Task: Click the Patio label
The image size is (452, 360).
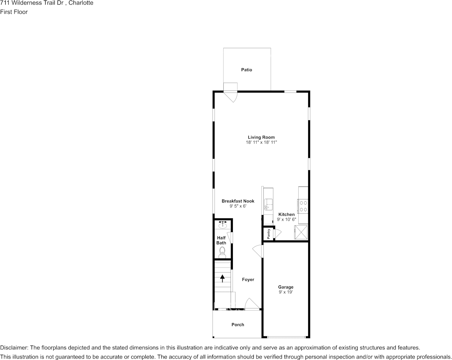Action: click(x=247, y=70)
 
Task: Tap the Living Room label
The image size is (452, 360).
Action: click(x=261, y=137)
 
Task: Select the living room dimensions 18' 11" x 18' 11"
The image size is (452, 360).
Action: click(x=261, y=143)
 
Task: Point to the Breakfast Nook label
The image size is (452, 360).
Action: click(x=238, y=201)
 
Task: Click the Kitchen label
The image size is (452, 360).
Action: click(x=286, y=215)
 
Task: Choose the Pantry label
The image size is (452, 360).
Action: click(x=269, y=233)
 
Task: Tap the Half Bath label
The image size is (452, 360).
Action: click(x=221, y=241)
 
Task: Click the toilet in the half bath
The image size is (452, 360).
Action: click(x=222, y=252)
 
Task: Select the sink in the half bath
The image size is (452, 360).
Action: click(x=223, y=225)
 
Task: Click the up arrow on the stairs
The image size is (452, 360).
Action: click(x=223, y=279)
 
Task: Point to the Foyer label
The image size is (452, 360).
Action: click(x=248, y=280)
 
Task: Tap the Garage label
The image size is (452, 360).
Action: click(x=285, y=287)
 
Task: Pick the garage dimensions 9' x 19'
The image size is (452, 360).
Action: click(x=285, y=292)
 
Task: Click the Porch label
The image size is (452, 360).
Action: click(x=238, y=325)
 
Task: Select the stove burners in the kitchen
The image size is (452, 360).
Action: click(x=303, y=206)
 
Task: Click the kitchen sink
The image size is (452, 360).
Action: click(x=267, y=204)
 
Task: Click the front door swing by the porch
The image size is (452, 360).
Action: click(x=252, y=304)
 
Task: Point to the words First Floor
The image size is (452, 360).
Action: click(x=14, y=12)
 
